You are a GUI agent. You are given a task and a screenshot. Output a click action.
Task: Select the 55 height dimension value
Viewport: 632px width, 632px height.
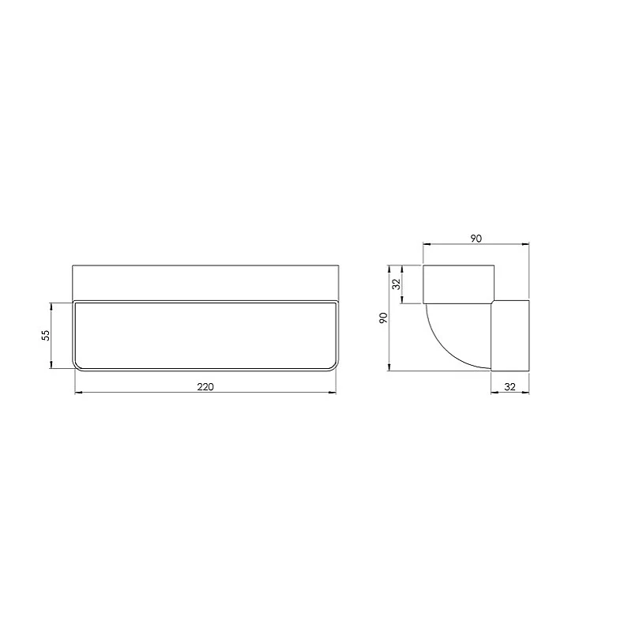[46, 335]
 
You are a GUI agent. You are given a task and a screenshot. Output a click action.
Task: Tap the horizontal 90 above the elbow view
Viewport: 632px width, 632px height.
[476, 238]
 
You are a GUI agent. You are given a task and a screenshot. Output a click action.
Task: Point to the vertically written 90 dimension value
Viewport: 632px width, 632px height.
[383, 318]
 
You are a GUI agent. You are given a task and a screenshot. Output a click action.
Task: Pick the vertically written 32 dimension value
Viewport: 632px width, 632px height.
[396, 283]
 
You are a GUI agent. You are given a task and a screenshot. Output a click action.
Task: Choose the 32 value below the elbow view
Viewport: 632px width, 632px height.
[510, 386]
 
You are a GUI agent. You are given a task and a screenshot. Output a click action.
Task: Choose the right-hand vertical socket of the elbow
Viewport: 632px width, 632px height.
[510, 335]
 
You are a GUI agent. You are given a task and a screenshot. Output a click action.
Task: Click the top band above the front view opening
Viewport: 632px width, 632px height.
[205, 282]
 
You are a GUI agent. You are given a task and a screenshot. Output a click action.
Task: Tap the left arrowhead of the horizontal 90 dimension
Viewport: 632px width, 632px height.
[426, 245]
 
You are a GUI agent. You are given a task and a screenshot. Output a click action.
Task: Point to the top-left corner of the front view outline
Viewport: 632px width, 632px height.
[73, 265]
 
